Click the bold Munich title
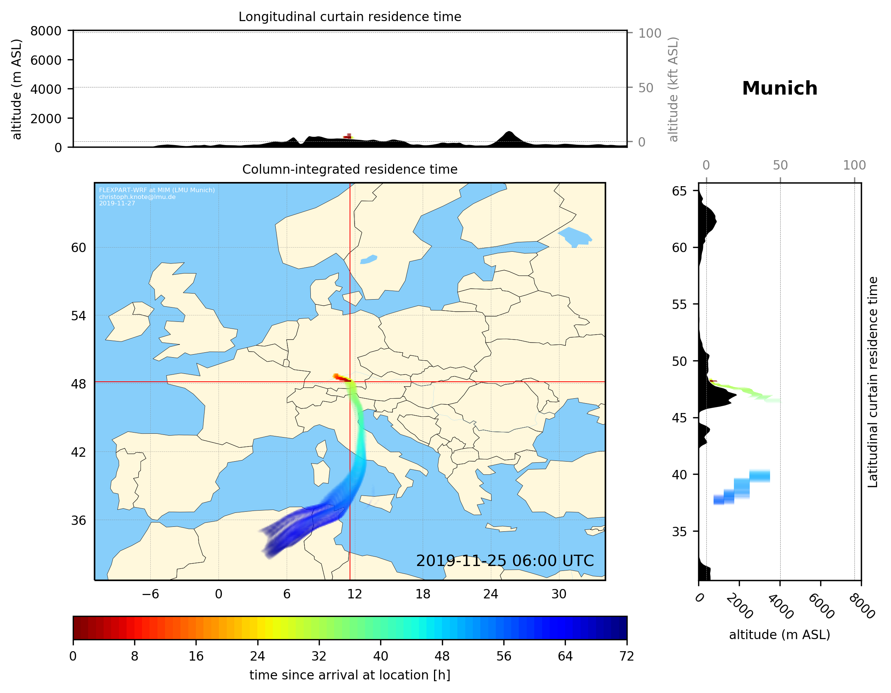[779, 89]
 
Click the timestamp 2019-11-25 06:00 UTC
[505, 561]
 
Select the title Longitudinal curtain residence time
[350, 17]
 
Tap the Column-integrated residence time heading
[350, 169]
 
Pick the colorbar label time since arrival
[350, 675]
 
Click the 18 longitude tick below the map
[423, 594]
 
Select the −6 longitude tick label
[150, 594]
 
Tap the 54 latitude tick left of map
[78, 316]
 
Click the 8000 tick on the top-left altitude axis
[46, 31]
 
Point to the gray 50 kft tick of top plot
[645, 88]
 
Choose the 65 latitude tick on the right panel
[679, 191]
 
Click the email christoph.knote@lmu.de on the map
[137, 197]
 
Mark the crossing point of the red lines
[350, 382]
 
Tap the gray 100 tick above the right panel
[854, 165]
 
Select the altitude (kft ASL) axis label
[673, 89]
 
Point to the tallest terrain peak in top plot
[508, 132]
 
